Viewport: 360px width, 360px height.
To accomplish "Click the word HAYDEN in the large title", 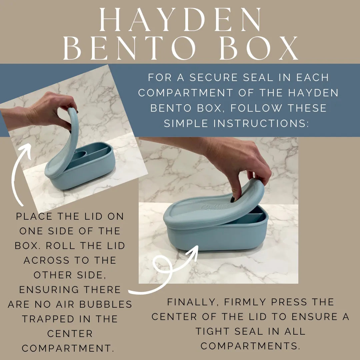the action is tap(180, 20).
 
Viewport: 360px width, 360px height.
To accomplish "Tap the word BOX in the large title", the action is tap(259, 48).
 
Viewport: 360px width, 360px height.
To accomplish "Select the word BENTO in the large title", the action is tap(129, 48).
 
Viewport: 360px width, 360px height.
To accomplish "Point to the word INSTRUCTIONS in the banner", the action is tap(261, 124).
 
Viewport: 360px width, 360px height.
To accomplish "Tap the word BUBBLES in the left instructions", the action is tap(106, 304).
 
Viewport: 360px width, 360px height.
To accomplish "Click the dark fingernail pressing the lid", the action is tap(233, 199).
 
